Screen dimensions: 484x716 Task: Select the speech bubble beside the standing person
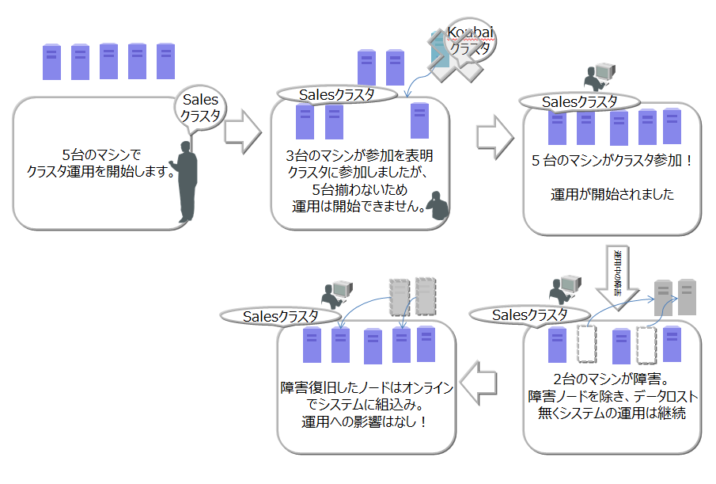point(200,108)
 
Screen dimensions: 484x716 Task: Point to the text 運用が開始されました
point(612,194)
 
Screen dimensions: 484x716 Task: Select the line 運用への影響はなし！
point(365,421)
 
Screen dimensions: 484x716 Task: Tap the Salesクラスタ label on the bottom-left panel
point(280,316)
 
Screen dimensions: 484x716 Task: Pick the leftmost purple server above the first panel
point(52,62)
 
